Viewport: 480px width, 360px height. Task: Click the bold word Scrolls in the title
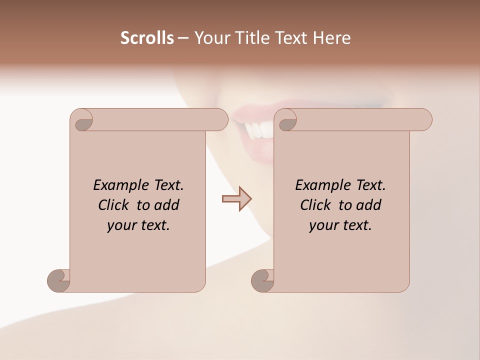pyautogui.click(x=147, y=38)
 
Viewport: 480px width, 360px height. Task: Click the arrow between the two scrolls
pyautogui.click(x=237, y=198)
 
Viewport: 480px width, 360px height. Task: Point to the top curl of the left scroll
pyautogui.click(x=82, y=120)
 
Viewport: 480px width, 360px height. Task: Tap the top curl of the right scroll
pyautogui.click(x=286, y=120)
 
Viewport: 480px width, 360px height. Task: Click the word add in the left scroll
pyautogui.click(x=166, y=205)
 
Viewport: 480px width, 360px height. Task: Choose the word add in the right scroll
pyautogui.click(x=368, y=205)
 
